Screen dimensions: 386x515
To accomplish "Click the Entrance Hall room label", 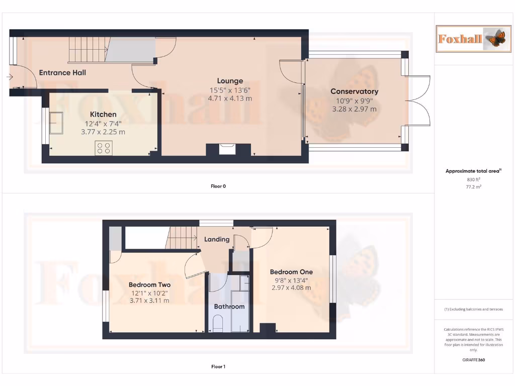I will coord(62,72).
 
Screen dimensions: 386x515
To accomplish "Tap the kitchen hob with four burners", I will coord(104,148).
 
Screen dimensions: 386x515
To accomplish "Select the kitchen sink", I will coord(55,122).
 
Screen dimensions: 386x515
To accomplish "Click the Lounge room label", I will coord(230,80).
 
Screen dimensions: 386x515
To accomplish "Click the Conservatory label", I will coord(354,91).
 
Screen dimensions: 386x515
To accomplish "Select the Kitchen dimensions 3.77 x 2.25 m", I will coord(103,132).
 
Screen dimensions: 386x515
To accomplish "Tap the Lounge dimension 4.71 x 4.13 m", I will coord(230,99).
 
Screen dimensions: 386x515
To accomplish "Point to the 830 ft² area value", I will coord(471,179).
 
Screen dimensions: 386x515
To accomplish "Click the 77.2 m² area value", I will coord(471,186).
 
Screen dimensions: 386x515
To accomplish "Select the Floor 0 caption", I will coord(218,186).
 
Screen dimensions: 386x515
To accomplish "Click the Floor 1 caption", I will coord(218,366).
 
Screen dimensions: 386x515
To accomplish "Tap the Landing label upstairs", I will coord(217,239).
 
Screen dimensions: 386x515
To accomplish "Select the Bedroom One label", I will coord(291,272).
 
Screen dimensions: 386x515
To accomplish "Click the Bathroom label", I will coord(229,306).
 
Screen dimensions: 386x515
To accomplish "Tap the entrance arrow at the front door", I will coord(10,77).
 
